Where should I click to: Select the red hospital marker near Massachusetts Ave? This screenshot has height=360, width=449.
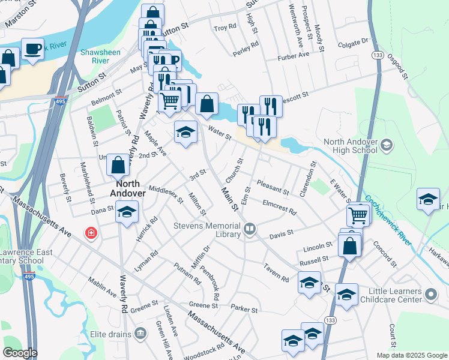(x=91, y=232)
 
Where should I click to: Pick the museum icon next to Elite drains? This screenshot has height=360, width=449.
(x=140, y=332)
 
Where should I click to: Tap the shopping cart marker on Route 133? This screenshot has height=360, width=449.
(x=358, y=214)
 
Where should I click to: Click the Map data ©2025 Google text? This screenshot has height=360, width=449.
(x=411, y=355)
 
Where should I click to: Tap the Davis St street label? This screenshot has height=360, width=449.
(x=281, y=233)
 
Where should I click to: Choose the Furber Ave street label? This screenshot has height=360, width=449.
(x=293, y=56)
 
